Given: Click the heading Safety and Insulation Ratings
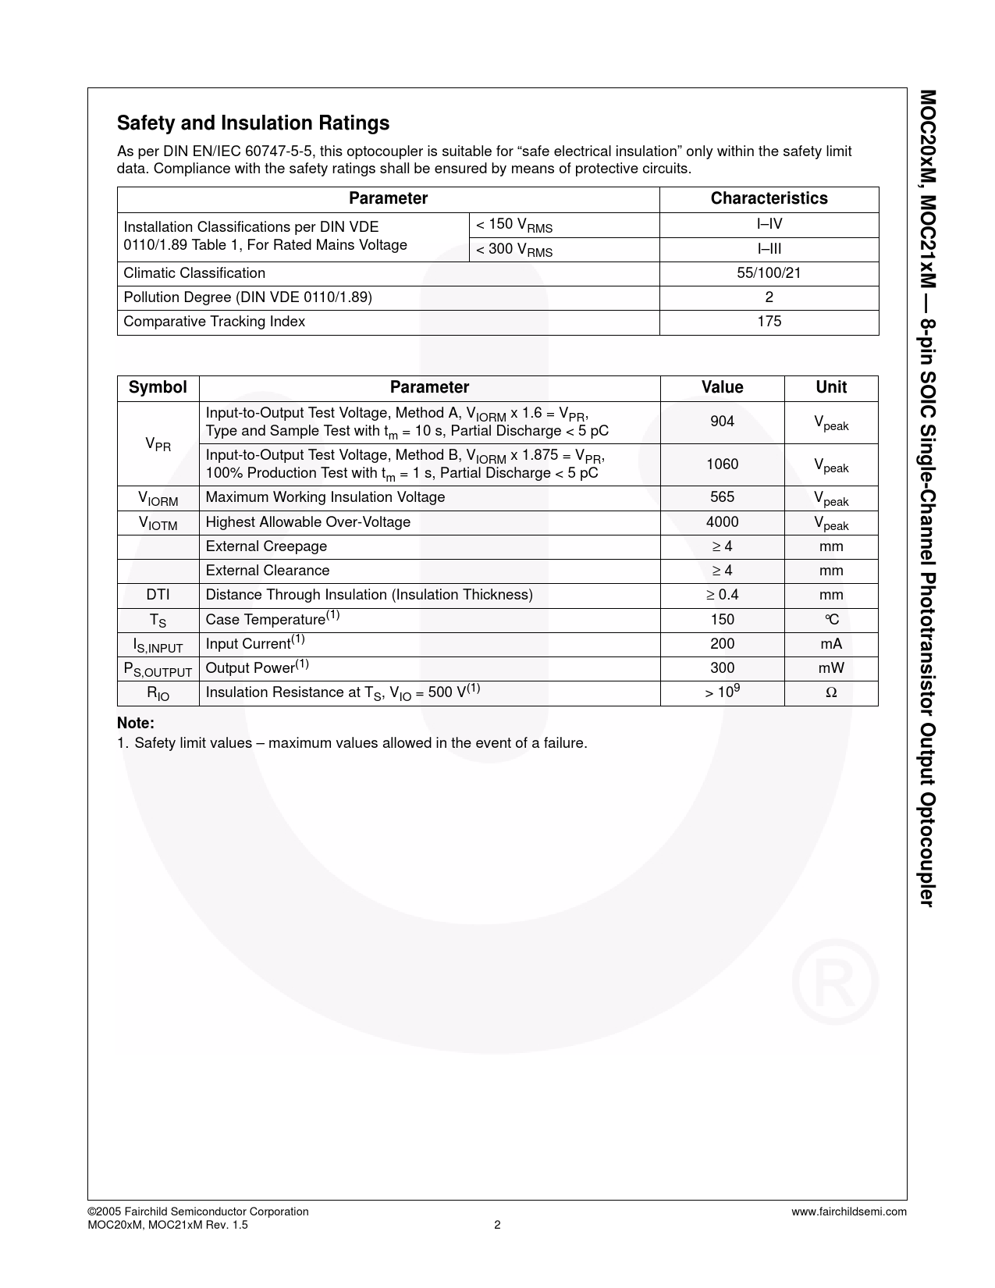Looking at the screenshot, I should [x=253, y=123].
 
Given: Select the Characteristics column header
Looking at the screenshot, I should [x=769, y=198].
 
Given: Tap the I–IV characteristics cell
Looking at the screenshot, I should [x=769, y=225].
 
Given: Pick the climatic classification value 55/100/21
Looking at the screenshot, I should [x=769, y=273].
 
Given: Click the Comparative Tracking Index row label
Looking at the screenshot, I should [x=214, y=322].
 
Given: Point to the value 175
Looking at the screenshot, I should [x=769, y=322].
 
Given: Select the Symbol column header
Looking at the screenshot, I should [x=158, y=387].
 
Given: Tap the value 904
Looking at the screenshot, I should [x=722, y=422].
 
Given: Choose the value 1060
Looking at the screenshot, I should [x=722, y=464].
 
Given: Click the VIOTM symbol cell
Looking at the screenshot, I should [x=158, y=523].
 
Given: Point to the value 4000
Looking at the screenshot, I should [x=722, y=522].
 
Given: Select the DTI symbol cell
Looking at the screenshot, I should [x=158, y=595].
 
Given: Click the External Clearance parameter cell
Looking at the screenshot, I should [x=268, y=571].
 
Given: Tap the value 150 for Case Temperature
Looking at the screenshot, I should [x=722, y=619].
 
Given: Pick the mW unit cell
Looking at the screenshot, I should [x=831, y=668].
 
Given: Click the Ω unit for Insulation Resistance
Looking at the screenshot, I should [x=831, y=692].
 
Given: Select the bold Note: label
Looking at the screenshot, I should [x=136, y=724].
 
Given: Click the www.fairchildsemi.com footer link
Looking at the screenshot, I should [x=848, y=1212].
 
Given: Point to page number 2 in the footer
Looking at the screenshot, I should [x=497, y=1225].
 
